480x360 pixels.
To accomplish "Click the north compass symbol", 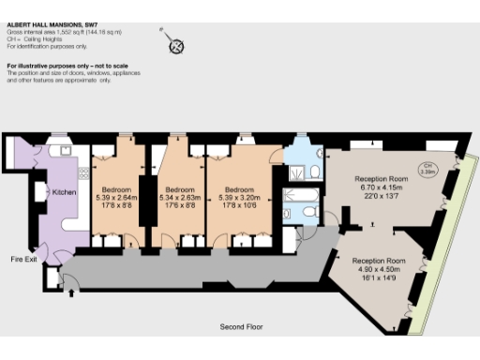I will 174,46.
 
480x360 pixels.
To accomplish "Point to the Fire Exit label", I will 23,258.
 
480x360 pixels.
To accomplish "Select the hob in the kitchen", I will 83,174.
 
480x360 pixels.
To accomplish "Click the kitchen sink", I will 67,149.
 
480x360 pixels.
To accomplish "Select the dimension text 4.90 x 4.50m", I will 379,268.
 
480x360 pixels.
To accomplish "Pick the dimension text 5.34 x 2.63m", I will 180,198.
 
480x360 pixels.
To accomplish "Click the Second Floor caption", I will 240,327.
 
